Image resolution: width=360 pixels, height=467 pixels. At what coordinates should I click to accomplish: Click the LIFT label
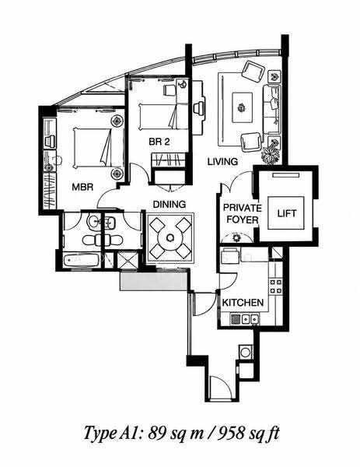coord(287,213)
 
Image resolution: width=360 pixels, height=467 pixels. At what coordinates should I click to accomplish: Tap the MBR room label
coord(82,187)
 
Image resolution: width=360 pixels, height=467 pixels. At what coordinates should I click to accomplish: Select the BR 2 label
coord(159,142)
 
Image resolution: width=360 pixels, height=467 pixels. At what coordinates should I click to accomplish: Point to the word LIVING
coord(222,161)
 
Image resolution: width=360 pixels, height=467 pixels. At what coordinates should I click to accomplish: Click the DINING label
coord(170,204)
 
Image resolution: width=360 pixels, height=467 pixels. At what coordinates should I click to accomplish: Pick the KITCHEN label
coord(243,303)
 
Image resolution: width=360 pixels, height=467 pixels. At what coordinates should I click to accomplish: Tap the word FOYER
coord(243,219)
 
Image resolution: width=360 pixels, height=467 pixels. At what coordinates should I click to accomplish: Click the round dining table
coord(170,237)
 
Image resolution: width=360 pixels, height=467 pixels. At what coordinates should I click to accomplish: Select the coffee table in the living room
coord(243,107)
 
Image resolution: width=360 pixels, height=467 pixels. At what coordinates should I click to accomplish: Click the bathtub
coord(81,260)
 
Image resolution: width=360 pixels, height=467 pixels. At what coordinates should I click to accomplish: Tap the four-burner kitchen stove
coord(275,286)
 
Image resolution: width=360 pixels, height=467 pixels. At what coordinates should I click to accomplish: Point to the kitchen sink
coord(245,320)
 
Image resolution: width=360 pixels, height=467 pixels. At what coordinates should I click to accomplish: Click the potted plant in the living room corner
coord(271,155)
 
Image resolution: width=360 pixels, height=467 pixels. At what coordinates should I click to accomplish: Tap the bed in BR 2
coord(159,117)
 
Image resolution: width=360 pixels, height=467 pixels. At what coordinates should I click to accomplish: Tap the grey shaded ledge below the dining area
coord(153,280)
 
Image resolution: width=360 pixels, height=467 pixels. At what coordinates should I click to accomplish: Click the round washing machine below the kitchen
coord(246,353)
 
